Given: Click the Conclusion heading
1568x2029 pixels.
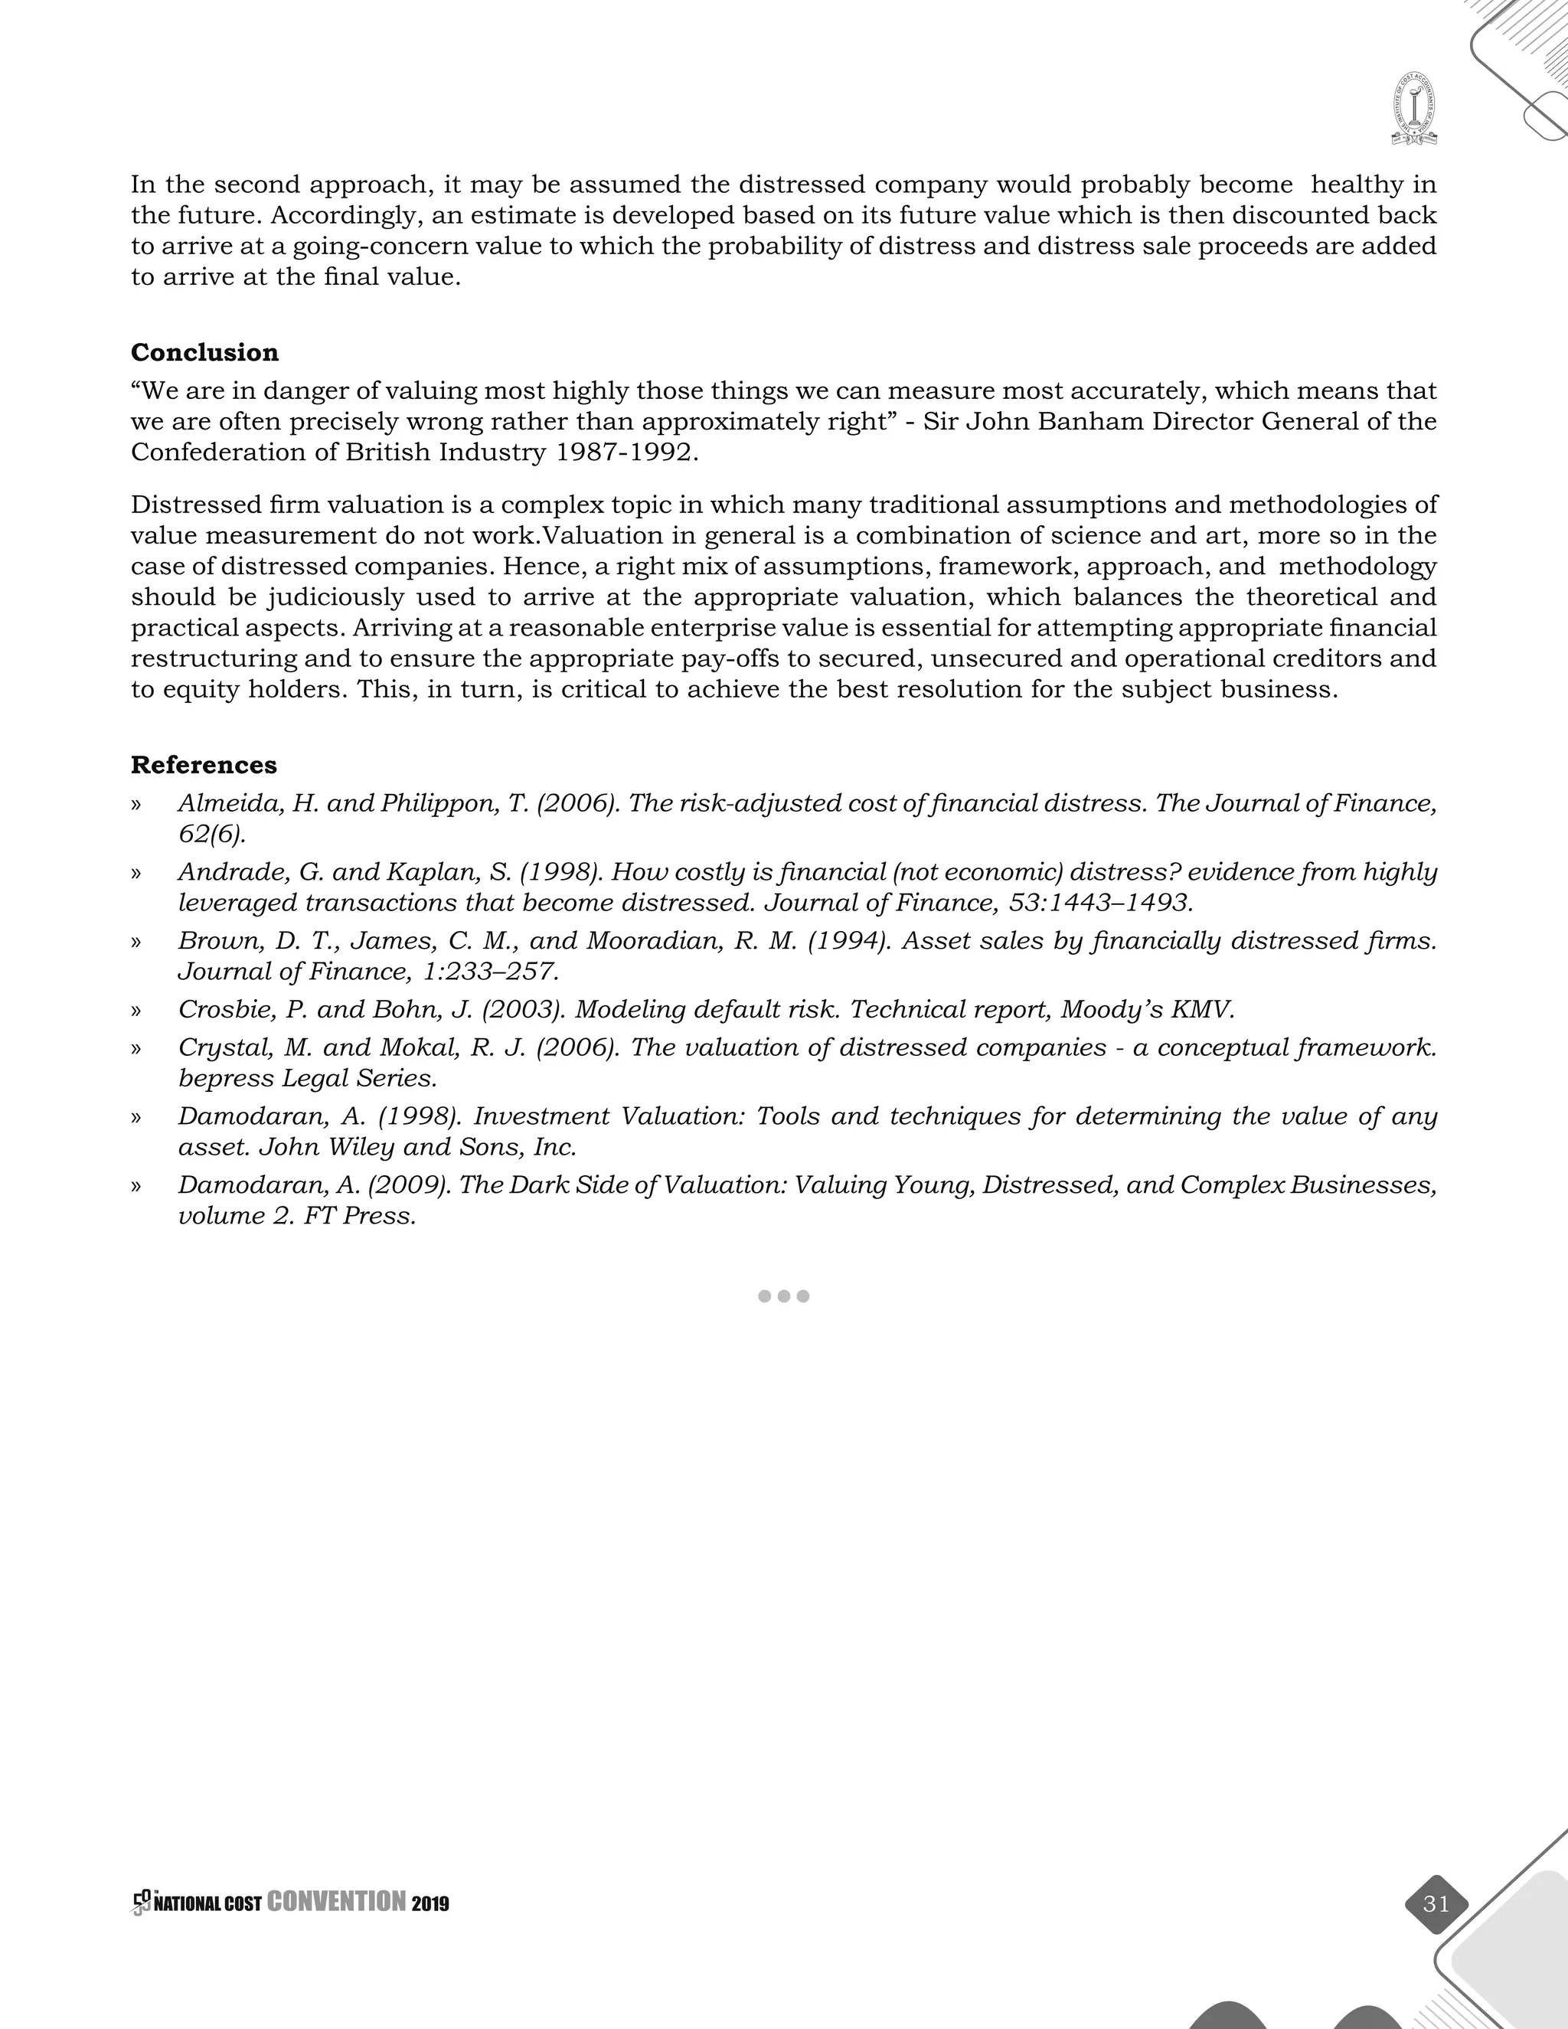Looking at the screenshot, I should pos(204,353).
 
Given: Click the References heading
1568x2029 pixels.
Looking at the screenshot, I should pos(204,766).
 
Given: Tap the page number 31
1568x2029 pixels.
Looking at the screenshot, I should pos(1436,1903).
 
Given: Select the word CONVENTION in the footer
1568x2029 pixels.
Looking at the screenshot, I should pos(336,1903).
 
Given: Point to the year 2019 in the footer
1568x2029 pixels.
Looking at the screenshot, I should pos(430,1904).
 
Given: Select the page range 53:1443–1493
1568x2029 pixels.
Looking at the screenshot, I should pos(1100,903).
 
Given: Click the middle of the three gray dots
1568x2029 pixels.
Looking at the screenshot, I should pos(784,1296).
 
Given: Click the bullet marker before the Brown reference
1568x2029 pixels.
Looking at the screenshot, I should pos(136,942).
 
